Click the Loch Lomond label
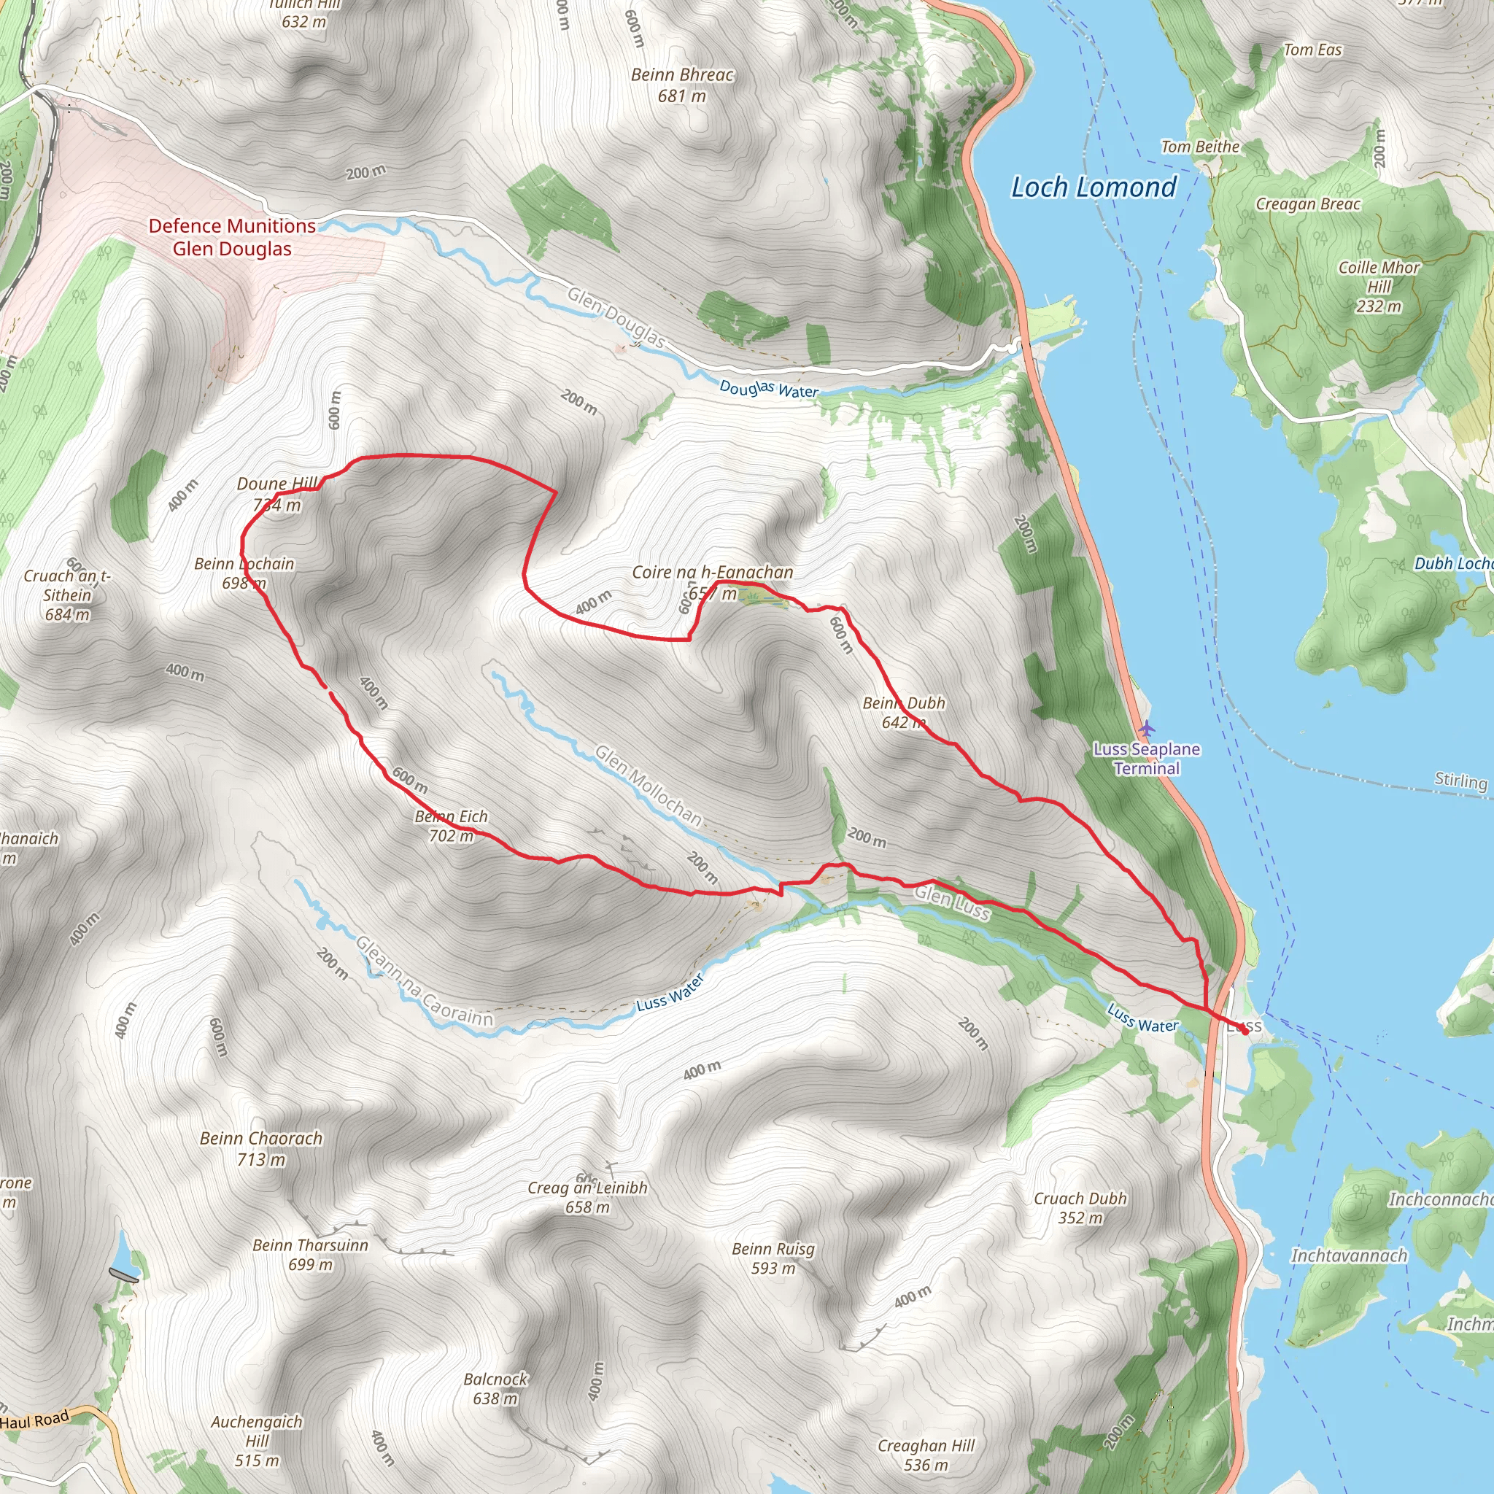[1094, 187]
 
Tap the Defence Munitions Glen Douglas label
[232, 237]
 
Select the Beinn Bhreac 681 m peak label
[682, 85]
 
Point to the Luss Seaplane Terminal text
[1147, 759]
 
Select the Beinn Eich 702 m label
[451, 826]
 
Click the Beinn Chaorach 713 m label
[261, 1148]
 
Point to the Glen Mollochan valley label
[648, 786]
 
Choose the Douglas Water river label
[769, 389]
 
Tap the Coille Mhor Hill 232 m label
[1379, 287]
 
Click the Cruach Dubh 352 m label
[1080, 1208]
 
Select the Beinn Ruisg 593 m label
[773, 1258]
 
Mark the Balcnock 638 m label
[495, 1389]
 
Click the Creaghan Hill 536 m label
[926, 1455]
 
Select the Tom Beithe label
[1200, 147]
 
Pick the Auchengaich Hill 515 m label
[257, 1441]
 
